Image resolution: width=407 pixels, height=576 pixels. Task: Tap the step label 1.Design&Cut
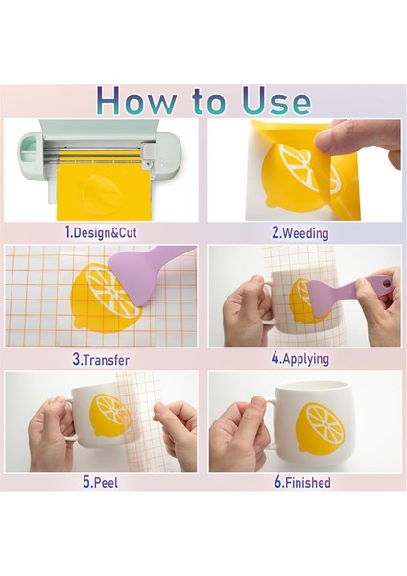(x=101, y=232)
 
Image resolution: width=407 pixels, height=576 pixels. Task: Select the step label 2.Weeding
(x=300, y=233)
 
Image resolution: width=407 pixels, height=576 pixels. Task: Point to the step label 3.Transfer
(x=101, y=360)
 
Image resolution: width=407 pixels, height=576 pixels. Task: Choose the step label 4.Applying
(x=300, y=358)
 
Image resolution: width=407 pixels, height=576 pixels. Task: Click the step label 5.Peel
(x=101, y=482)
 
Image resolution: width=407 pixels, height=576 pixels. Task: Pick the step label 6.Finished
(x=302, y=482)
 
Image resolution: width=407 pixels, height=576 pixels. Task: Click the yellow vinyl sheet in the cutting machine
(x=104, y=191)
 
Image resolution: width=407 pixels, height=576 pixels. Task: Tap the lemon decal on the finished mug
(x=320, y=426)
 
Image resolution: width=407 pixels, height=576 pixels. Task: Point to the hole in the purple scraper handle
(x=385, y=283)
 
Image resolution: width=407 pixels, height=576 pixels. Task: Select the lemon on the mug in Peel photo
(x=109, y=415)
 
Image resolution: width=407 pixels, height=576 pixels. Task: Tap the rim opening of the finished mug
(x=312, y=387)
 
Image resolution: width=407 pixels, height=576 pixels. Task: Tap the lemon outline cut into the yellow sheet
(x=97, y=191)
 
